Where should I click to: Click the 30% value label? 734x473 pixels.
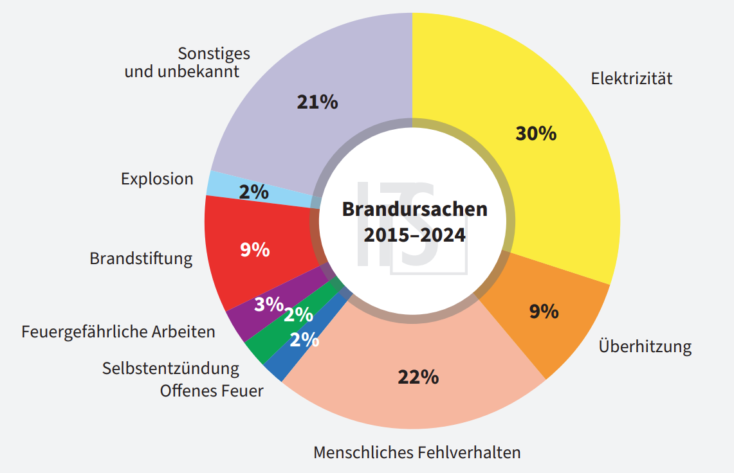(536, 134)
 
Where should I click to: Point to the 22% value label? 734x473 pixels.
(418, 377)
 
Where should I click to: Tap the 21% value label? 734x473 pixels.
(317, 102)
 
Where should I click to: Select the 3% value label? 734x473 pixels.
(268, 304)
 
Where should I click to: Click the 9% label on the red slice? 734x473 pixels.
(255, 249)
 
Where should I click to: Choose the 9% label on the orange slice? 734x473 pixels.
(544, 312)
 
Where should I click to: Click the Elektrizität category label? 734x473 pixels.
(632, 79)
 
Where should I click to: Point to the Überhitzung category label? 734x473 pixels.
(645, 347)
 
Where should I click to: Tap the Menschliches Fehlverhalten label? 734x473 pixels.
(417, 452)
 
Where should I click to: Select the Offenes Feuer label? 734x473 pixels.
(212, 390)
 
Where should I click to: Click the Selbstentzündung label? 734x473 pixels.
(170, 369)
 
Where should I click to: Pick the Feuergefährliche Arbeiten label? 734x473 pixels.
(118, 332)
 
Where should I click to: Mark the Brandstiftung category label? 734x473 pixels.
(141, 258)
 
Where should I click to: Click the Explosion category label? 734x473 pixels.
(157, 179)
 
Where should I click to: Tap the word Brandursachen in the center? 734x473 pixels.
(414, 210)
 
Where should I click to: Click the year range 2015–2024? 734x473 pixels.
(414, 235)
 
